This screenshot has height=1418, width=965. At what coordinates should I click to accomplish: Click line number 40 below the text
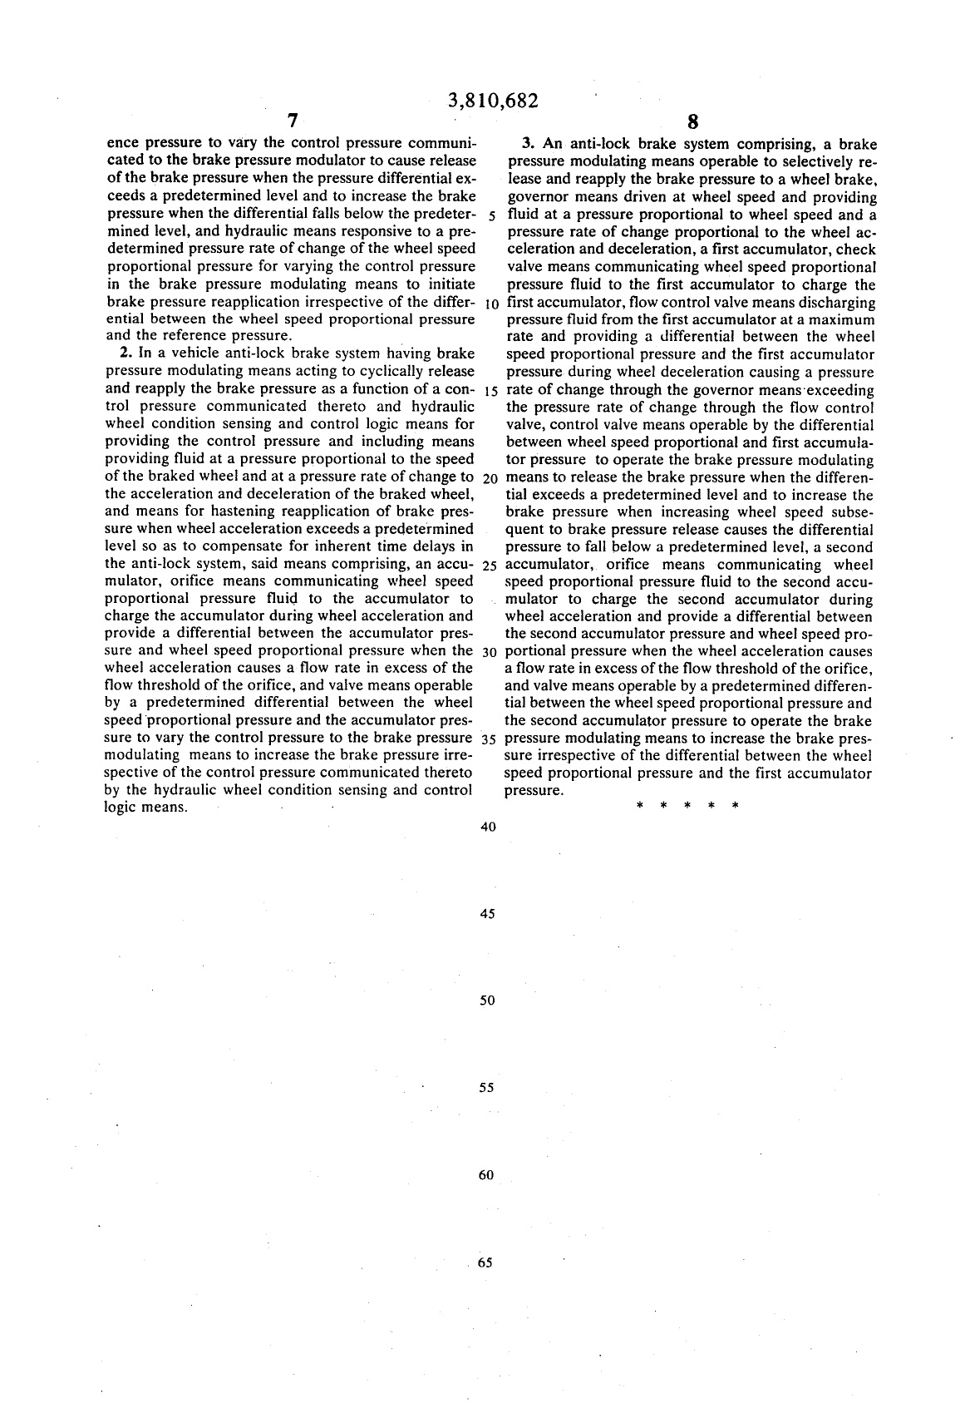[488, 827]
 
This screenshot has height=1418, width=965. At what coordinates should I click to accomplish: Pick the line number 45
[488, 914]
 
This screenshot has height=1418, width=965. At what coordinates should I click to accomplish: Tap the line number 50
[488, 1001]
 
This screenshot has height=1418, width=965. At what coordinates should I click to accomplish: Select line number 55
[488, 1088]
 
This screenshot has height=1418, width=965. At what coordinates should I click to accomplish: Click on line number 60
[488, 1175]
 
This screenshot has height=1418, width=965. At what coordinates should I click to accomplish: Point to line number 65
[486, 1262]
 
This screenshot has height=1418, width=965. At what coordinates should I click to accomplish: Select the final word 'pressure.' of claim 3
[534, 791]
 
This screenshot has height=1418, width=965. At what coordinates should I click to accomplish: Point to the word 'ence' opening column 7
[122, 144]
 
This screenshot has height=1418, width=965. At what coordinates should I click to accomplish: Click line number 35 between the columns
[489, 739]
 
